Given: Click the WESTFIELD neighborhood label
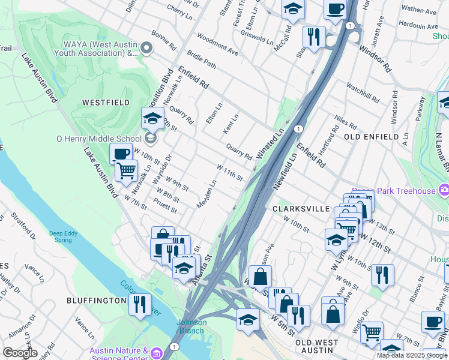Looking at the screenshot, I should [106, 103].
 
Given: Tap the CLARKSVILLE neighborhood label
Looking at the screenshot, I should [301, 209].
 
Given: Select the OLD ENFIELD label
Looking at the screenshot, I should [371, 137].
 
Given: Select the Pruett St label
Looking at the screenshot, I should [166, 205].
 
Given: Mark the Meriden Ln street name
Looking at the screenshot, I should [206, 195].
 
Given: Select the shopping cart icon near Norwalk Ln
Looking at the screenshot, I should [126, 171].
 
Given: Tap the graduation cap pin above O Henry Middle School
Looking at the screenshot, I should [152, 117].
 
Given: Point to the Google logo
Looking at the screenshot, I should [20, 353].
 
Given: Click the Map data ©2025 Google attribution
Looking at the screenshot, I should [412, 355].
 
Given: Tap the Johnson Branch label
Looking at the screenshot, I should [191, 326].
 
